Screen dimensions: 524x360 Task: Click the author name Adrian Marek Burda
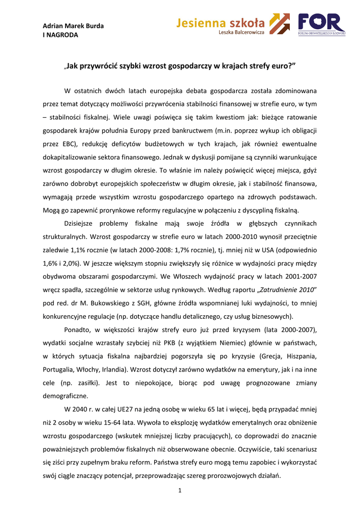tap(73, 26)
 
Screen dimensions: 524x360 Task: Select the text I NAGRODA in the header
tap(60, 35)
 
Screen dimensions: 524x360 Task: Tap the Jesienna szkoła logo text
tap(221, 23)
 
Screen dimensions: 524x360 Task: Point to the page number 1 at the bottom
tap(180, 491)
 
